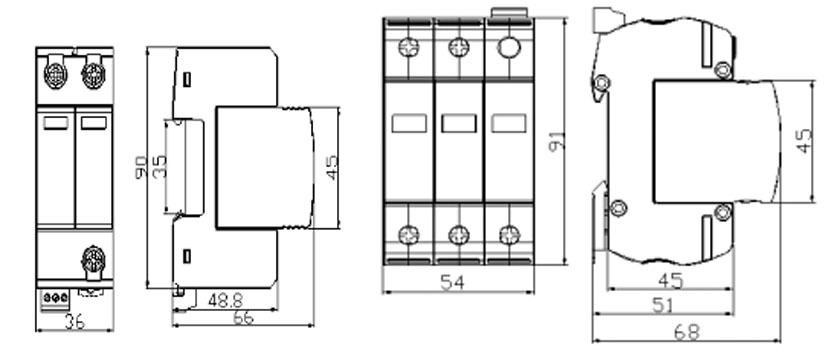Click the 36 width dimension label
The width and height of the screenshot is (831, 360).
pyautogui.click(x=74, y=322)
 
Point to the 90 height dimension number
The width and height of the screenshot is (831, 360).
pyautogui.click(x=141, y=167)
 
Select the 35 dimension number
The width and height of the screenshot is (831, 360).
pyautogui.click(x=159, y=167)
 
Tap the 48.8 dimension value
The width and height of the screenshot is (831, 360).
pyautogui.click(x=225, y=301)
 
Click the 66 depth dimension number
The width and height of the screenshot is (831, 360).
pyautogui.click(x=243, y=318)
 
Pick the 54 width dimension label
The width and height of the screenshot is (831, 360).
pyautogui.click(x=452, y=283)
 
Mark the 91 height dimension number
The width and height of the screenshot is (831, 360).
pyautogui.click(x=557, y=141)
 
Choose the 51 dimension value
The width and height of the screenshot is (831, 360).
pyautogui.click(x=664, y=305)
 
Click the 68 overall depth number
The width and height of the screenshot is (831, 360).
pyautogui.click(x=687, y=332)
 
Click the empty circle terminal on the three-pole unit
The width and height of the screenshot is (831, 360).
pyautogui.click(x=509, y=48)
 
